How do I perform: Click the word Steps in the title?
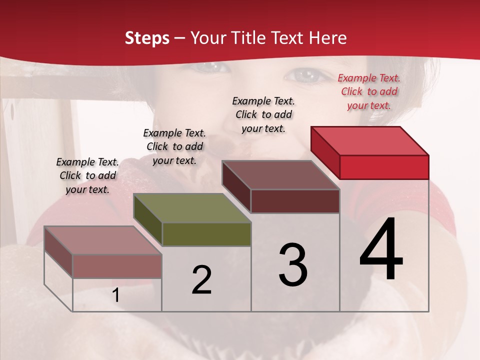coord(147,38)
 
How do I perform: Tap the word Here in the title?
coord(328,38)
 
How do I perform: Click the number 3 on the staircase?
coord(293,265)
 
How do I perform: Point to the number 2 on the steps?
coord(202,280)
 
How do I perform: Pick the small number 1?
coord(116,295)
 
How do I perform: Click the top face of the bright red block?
coord(370,141)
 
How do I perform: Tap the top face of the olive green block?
coord(192,208)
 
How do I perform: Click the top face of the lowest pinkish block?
coord(103,240)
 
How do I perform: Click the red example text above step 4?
coord(369,91)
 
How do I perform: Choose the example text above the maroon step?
coord(263,114)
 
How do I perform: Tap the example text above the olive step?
coord(174,146)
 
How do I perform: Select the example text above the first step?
coord(87,175)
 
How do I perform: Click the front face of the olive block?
coord(206,234)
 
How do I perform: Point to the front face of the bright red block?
coord(384,167)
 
